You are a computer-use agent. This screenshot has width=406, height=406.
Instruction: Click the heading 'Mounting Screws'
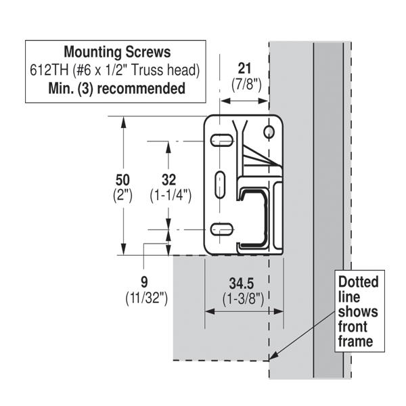point(117,52)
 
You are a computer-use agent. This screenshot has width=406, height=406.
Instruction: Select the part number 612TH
point(49,70)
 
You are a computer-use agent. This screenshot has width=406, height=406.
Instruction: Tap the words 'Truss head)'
point(166,70)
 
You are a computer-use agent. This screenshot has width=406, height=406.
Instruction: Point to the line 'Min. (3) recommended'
point(117,88)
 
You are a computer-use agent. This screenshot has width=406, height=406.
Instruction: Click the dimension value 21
point(244,69)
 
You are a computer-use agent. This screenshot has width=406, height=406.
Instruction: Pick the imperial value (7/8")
point(246,84)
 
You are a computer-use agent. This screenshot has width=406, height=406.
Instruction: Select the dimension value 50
point(122,180)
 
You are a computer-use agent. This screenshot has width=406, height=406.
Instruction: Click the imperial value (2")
point(122,196)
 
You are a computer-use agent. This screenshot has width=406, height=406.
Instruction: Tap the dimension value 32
point(168,180)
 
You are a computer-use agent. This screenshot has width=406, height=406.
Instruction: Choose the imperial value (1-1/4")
point(171,196)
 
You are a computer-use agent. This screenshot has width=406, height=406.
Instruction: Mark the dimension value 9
point(144,282)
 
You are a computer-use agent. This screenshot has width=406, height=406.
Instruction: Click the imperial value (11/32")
point(147,298)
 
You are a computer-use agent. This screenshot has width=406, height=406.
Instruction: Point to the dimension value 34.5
point(242,284)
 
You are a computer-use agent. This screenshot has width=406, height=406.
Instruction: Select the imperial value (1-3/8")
point(243,299)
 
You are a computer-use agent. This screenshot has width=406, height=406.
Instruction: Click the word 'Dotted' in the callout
point(359,282)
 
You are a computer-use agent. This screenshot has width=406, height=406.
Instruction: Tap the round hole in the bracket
point(269,132)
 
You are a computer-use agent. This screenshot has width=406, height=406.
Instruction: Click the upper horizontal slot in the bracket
point(221,140)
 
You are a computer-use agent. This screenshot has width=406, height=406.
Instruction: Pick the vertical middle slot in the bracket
point(220,185)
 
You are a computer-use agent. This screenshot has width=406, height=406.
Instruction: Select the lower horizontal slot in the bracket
point(221,229)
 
